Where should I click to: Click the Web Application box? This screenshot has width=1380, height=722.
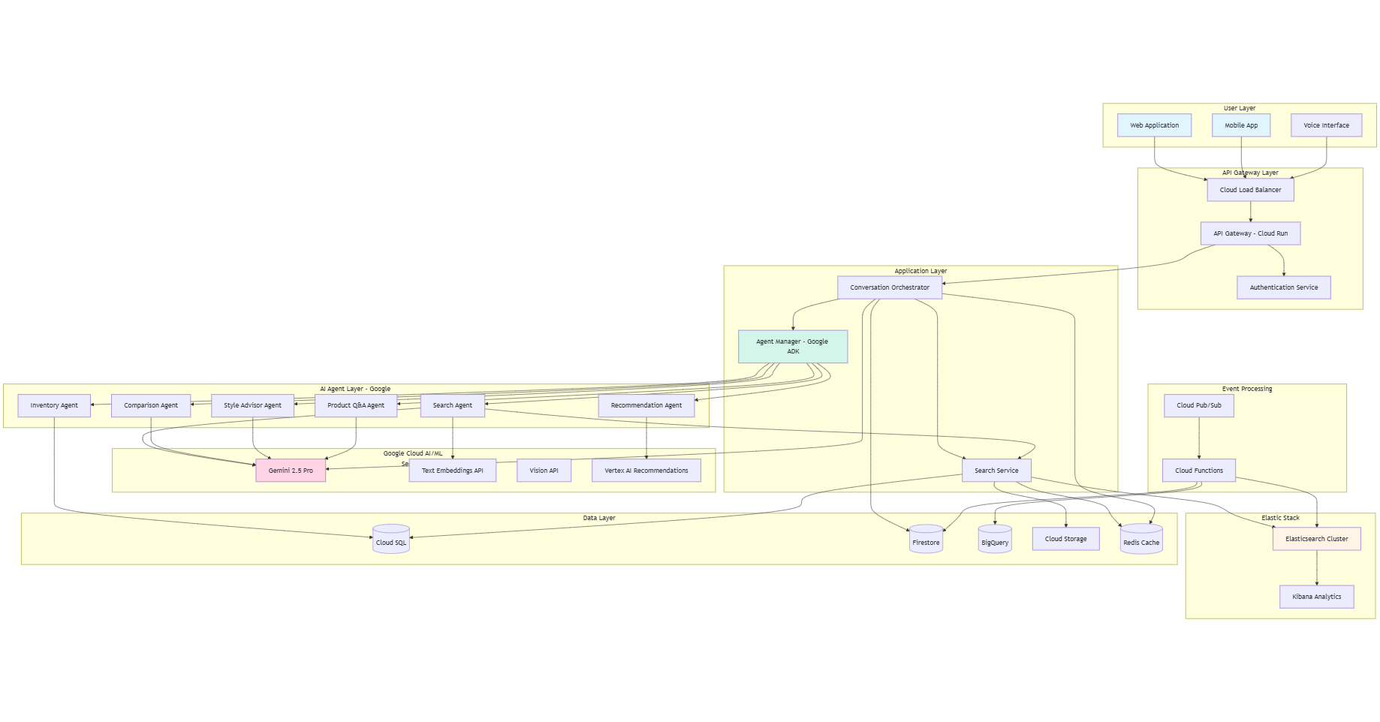pos(1154,125)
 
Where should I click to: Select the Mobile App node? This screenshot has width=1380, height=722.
pos(1240,125)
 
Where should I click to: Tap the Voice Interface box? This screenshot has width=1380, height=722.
pos(1326,125)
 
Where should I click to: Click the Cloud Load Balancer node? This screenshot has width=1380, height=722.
pos(1250,190)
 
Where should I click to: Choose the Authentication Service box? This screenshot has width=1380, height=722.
pos(1283,287)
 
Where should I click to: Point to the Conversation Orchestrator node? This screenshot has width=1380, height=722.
pos(889,287)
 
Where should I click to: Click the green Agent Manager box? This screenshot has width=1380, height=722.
pos(792,347)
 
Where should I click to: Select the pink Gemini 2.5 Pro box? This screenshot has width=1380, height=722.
pos(291,471)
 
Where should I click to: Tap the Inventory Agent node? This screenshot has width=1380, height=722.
pos(54,405)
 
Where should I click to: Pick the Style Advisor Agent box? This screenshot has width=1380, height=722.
pos(252,405)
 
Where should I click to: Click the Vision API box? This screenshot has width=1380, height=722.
pos(544,471)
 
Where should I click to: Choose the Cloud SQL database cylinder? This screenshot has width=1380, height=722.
pos(391,540)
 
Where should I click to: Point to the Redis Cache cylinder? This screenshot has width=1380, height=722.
pos(1140,540)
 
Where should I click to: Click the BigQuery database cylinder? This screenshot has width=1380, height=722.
pos(995,540)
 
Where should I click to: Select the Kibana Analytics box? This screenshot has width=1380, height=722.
pos(1316,597)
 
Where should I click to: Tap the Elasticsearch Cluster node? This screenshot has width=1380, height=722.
pos(1316,539)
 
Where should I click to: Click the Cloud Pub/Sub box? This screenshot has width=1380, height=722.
pos(1198,405)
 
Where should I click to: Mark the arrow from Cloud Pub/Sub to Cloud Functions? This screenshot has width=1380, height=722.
pos(1199,438)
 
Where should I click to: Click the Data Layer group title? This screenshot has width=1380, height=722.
pos(598,518)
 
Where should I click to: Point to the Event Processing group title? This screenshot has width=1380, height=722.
pos(1246,389)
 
